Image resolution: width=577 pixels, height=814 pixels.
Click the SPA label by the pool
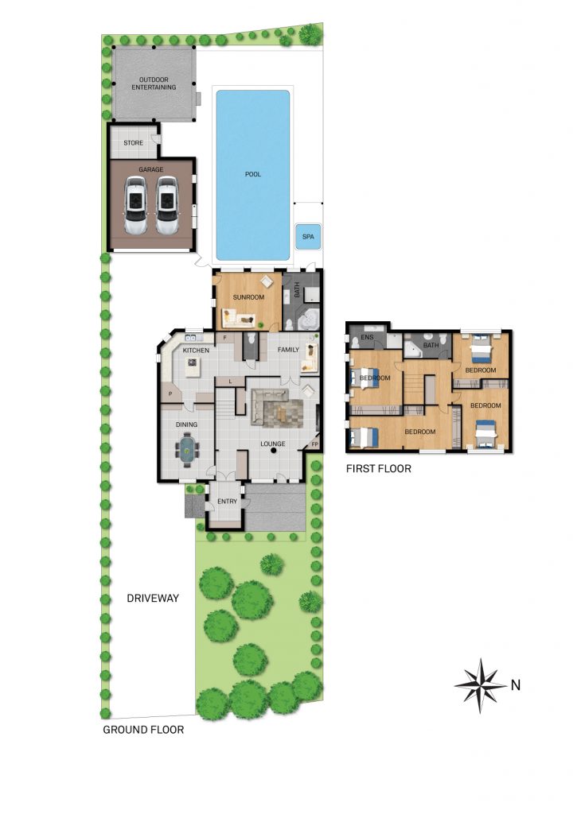[x=308, y=237]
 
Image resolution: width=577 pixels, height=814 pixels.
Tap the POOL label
[x=252, y=174]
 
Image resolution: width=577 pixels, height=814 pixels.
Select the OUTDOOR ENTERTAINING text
[x=154, y=83]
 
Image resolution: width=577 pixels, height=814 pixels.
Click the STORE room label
[x=134, y=143]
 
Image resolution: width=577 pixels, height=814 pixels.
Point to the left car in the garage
[x=136, y=206]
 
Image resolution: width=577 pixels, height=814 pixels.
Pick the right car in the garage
[x=167, y=206]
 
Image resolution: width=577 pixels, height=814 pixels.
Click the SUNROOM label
[x=248, y=297]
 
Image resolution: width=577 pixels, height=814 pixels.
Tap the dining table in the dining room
[x=186, y=452]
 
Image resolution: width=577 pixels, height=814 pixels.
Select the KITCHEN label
[x=196, y=351]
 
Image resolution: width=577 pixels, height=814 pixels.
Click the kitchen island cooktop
[x=193, y=366]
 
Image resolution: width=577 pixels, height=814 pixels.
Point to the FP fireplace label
[x=315, y=445]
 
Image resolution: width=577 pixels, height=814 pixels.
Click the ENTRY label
[x=227, y=502]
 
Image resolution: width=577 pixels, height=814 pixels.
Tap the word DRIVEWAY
[x=153, y=598]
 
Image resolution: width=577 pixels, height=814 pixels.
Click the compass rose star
[x=481, y=686]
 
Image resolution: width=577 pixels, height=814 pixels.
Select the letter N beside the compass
[x=516, y=685]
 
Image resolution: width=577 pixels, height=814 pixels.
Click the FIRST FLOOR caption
[x=378, y=469]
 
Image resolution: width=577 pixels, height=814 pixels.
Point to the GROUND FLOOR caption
[x=143, y=730]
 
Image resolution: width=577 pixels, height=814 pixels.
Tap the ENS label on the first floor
[x=367, y=337]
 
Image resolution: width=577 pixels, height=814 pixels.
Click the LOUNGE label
[x=273, y=444]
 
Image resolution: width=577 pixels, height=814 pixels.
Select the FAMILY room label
[x=288, y=350]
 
